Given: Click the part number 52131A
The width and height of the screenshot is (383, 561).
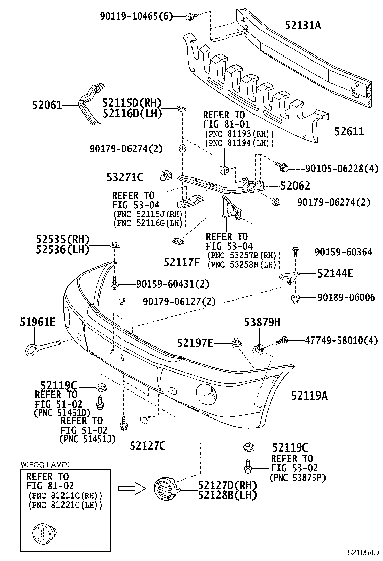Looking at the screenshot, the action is pyautogui.click(x=302, y=25).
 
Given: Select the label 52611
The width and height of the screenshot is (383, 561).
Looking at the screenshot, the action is pyautogui.click(x=349, y=132).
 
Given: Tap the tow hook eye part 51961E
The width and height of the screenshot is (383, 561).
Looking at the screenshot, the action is pyautogui.click(x=43, y=347).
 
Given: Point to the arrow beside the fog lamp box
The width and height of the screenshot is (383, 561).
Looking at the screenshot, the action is pyautogui.click(x=132, y=489).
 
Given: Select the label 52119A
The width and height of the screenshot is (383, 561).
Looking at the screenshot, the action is pyautogui.click(x=309, y=396).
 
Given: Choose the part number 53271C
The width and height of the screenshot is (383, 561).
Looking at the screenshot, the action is pyautogui.click(x=124, y=177).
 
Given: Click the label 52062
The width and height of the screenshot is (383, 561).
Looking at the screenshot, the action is pyautogui.click(x=295, y=186).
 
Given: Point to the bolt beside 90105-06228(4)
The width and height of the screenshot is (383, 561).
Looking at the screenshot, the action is pyautogui.click(x=282, y=166).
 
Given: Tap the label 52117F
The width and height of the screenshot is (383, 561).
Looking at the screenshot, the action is pyautogui.click(x=182, y=262).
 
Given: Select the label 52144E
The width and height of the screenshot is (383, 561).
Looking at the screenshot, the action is pyautogui.click(x=335, y=274).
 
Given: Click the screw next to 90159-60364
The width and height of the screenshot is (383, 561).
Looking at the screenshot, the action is pyautogui.click(x=296, y=251).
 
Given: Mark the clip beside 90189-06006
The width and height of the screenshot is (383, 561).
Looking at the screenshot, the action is pyautogui.click(x=296, y=298).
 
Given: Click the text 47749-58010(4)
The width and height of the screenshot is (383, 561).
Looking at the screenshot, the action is pyautogui.click(x=341, y=340).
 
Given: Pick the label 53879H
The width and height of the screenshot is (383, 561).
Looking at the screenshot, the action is pyautogui.click(x=262, y=322).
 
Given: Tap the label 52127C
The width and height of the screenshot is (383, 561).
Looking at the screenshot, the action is pyautogui.click(x=148, y=446).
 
